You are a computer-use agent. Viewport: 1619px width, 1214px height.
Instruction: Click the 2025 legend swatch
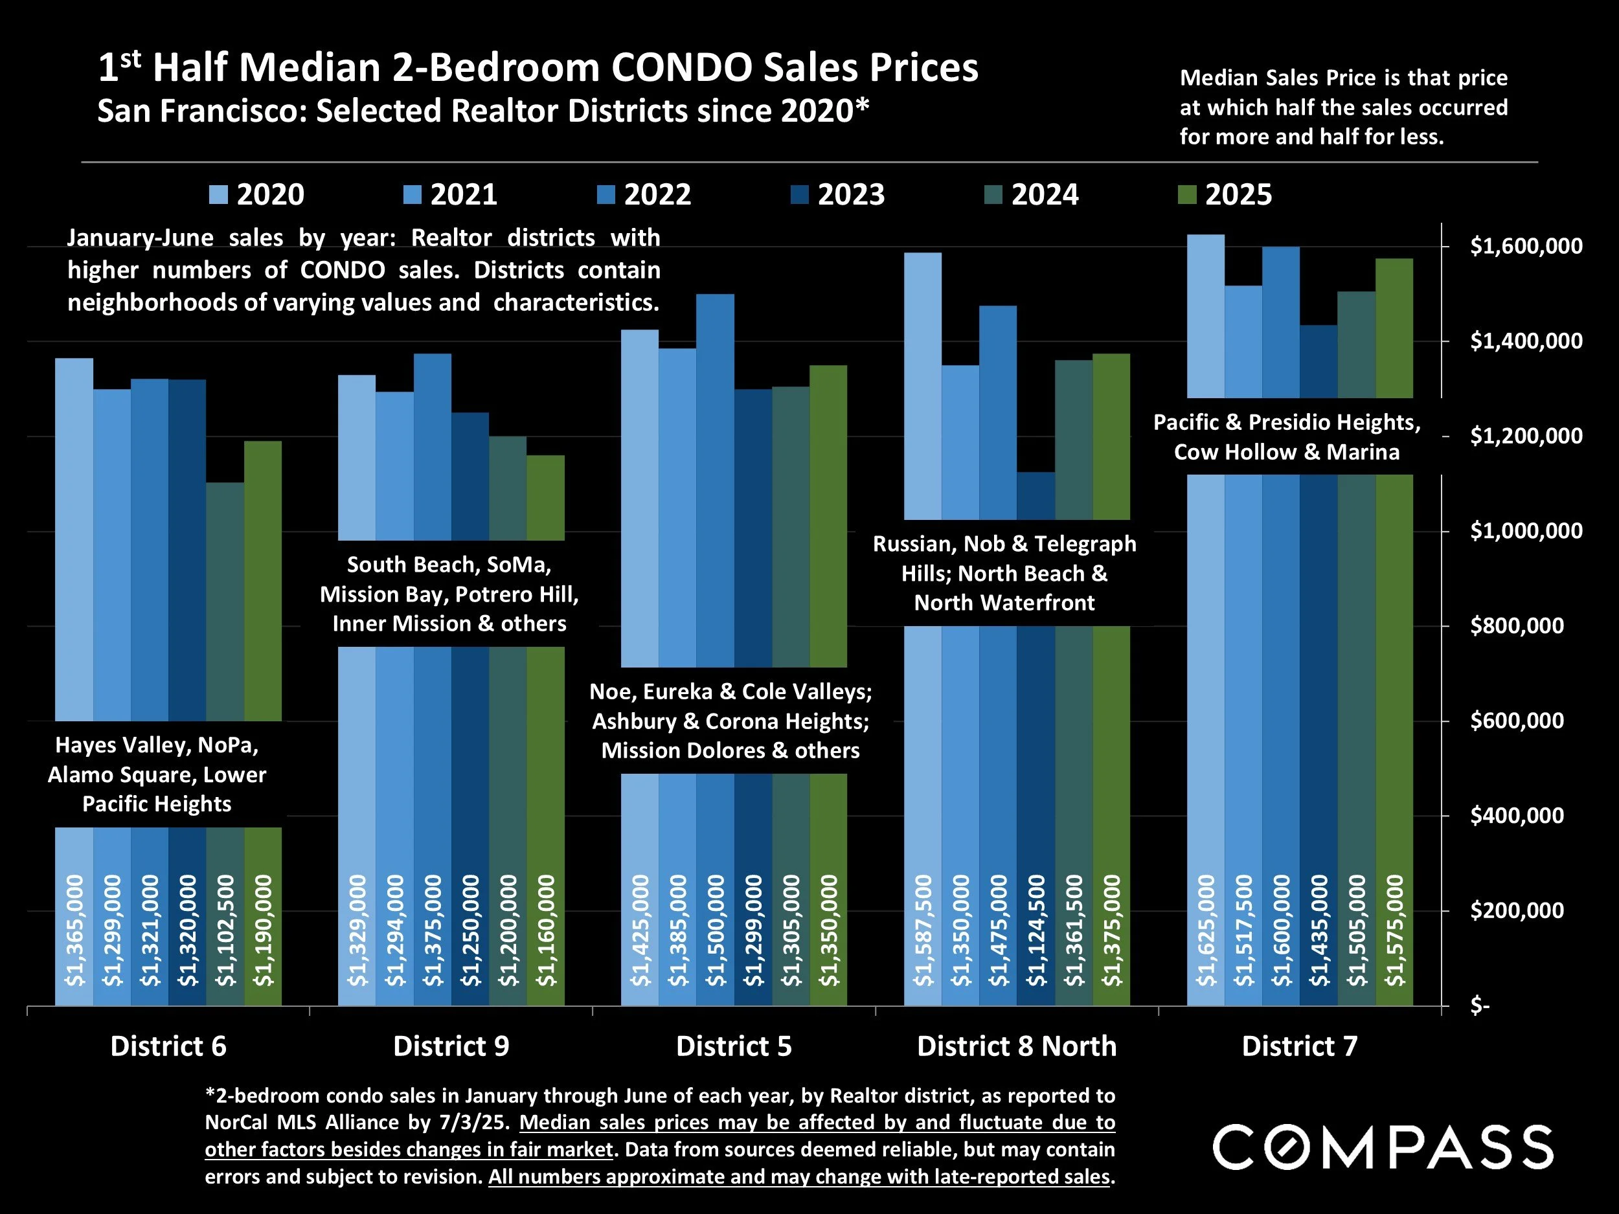point(1186,195)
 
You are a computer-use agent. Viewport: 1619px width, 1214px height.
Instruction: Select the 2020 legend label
point(270,195)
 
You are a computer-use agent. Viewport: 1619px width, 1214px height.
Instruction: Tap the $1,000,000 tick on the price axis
point(1526,530)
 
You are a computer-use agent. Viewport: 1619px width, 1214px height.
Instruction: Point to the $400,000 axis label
point(1517,815)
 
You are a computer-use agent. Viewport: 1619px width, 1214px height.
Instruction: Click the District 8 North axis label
point(1017,1046)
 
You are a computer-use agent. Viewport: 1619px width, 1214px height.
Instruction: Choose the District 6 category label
point(168,1046)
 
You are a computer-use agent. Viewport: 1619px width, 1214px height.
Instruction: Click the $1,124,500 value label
point(1036,931)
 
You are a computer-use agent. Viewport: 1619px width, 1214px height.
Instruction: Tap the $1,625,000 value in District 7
point(1205,931)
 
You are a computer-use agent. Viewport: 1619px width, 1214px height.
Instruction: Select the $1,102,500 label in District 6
point(225,931)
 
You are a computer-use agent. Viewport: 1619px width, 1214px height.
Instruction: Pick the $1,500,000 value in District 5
point(715,931)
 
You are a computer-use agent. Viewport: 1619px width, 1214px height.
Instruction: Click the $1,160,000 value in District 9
point(545,931)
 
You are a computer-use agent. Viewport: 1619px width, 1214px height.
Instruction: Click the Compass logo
point(1383,1147)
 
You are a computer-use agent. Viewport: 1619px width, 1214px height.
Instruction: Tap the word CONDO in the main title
point(681,67)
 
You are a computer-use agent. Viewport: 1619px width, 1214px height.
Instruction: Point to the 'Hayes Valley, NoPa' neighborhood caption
point(157,774)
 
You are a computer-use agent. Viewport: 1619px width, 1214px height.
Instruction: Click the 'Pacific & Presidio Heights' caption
point(1287,437)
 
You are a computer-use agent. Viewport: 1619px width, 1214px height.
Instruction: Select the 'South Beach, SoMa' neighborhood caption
point(449,594)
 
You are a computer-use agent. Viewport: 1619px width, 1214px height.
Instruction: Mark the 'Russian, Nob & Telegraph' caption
point(1004,574)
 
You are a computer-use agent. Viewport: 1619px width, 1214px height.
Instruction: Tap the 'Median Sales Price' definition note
point(1343,107)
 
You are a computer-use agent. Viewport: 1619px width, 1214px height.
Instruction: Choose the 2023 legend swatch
point(799,195)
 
